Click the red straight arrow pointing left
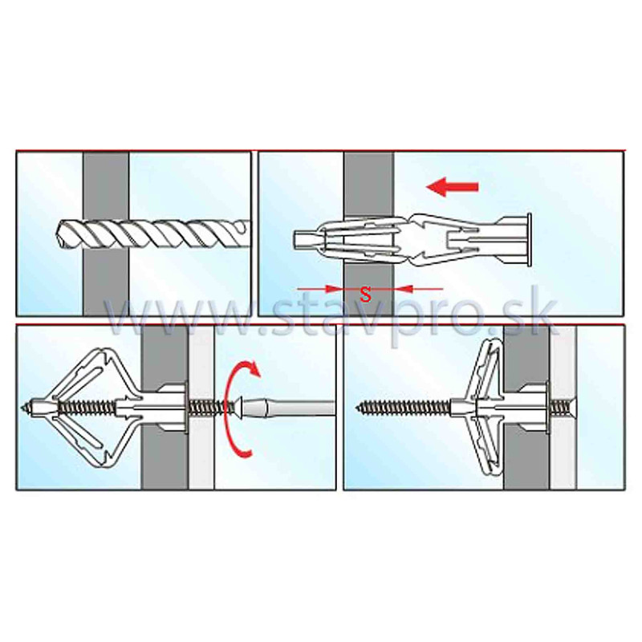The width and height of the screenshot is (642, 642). coord(453,187)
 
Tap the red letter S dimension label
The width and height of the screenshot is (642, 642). coord(366,294)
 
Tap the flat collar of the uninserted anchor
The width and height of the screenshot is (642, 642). coord(529,240)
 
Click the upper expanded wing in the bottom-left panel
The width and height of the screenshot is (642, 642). coord(95,371)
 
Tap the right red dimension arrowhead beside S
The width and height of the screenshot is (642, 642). coord(404,289)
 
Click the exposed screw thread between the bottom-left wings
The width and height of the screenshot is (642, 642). coord(87,408)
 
